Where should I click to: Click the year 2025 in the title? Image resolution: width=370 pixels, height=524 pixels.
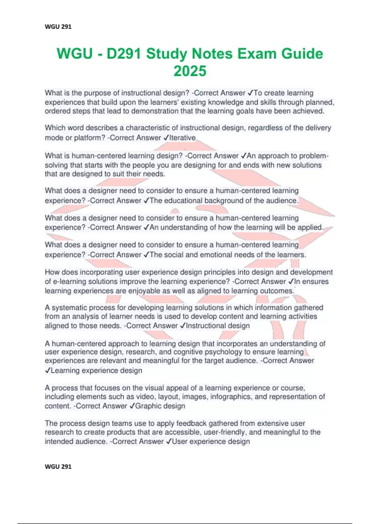point(190,71)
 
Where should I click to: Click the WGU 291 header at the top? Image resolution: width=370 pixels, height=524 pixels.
point(58,27)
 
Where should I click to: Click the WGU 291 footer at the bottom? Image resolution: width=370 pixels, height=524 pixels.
point(58,467)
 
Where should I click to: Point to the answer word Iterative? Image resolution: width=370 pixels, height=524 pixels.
point(183,138)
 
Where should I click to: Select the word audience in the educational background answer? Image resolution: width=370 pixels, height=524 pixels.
point(282,201)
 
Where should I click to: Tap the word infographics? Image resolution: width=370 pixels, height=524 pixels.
point(229,397)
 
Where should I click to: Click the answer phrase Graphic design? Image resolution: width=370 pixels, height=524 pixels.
point(160,406)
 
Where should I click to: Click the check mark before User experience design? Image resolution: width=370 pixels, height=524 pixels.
point(168,442)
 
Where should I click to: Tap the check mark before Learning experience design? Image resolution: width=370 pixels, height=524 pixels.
point(47,371)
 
